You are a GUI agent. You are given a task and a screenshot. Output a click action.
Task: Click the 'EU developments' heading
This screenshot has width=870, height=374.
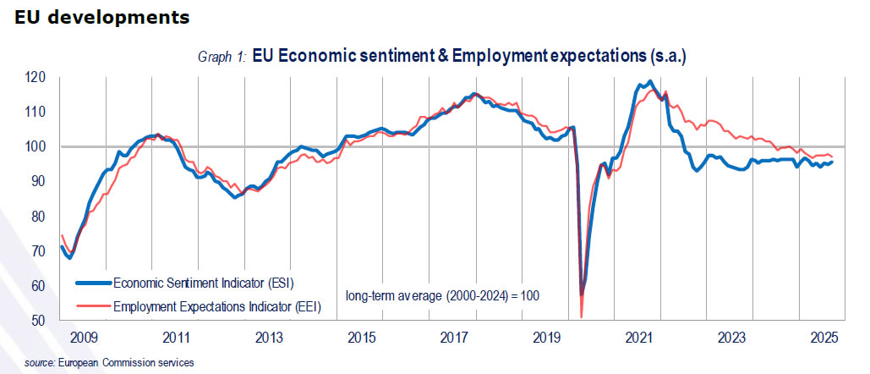point(101,17)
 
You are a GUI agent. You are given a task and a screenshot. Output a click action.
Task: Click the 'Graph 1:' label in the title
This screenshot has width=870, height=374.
point(222,57)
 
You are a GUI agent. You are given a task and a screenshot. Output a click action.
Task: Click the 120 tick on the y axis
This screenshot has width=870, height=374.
point(35,77)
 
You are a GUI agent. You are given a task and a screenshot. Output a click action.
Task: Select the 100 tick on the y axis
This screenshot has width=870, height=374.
point(35,146)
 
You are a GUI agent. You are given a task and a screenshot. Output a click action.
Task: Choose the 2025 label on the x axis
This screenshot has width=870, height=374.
point(823,338)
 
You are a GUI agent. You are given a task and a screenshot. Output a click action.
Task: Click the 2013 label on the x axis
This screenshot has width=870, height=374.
point(268,338)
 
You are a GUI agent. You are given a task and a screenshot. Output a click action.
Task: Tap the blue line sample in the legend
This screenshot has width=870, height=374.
point(93,283)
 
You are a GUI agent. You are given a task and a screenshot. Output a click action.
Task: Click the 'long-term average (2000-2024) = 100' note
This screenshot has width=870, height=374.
point(442,295)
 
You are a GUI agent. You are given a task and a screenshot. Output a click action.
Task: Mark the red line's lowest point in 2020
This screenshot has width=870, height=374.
point(582,317)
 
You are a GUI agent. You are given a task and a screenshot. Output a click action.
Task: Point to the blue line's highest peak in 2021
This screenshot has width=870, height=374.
point(649,82)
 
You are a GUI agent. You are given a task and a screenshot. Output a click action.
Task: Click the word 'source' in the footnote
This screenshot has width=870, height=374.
point(38,363)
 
